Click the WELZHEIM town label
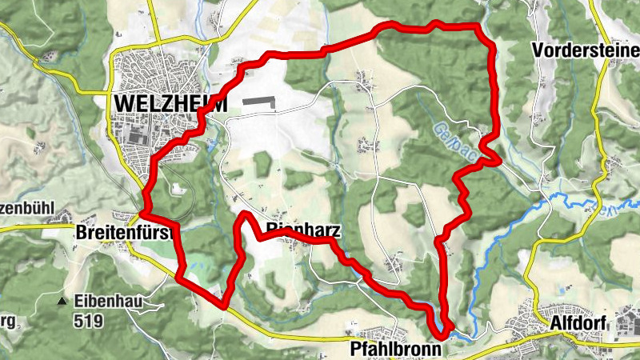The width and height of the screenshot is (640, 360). pos(171,104)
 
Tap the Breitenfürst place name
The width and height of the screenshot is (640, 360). pos(126,233)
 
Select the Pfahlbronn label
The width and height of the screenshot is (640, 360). pos(396,350)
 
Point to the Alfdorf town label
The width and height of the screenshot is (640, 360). pos(579,324)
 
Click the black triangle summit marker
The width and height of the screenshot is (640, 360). pos(62,302)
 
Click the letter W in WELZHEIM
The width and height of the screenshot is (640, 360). pos(124,104)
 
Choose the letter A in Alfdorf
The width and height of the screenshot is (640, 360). pos(556,324)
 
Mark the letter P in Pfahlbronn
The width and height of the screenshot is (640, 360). pos(355,350)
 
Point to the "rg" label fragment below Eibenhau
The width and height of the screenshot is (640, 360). pos(6,322)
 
